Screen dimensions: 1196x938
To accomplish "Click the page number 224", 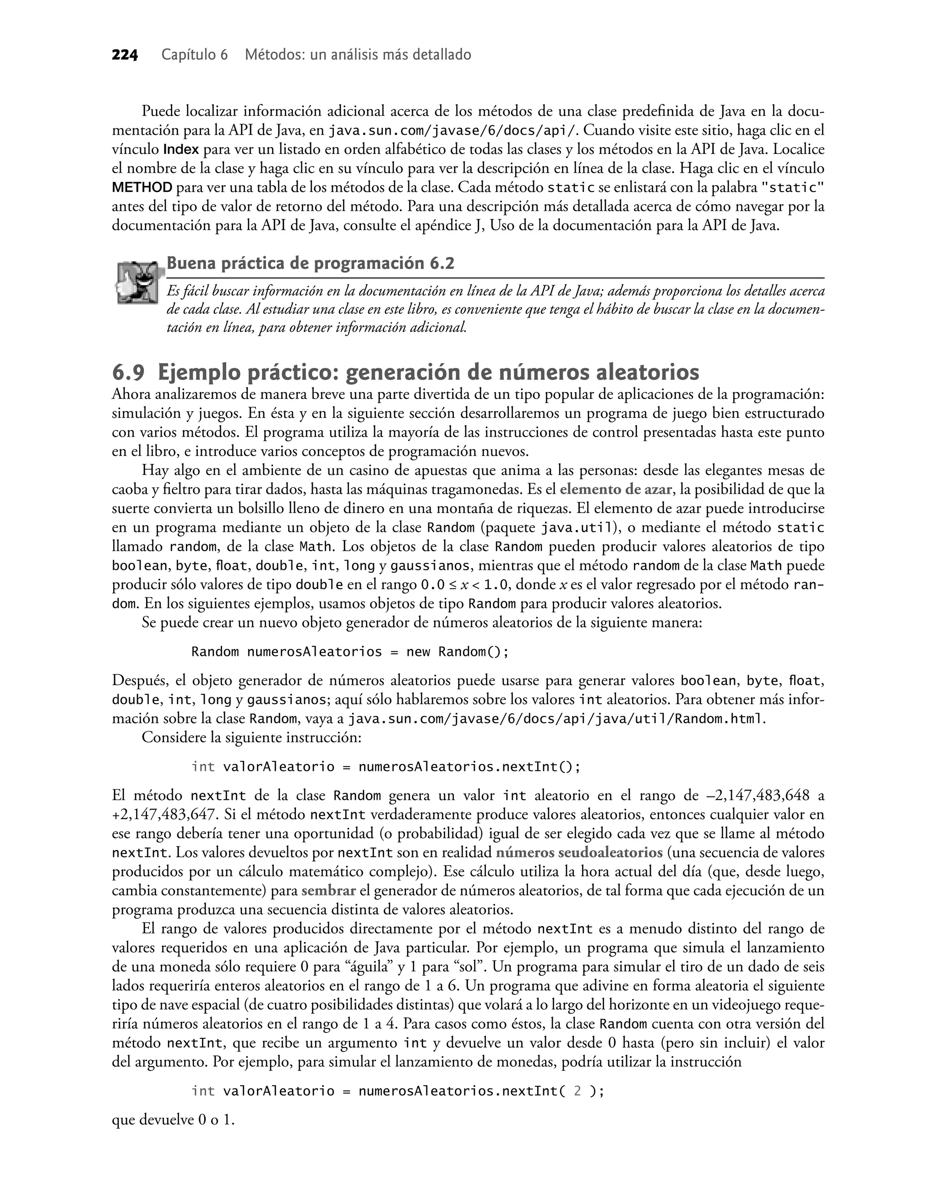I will [x=125, y=55].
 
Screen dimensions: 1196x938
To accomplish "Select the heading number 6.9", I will [x=129, y=373].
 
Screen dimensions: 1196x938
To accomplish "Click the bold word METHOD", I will [x=142, y=188].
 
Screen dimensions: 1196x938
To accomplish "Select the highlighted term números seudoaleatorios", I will [x=579, y=853].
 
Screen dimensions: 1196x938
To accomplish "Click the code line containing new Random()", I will [x=350, y=652].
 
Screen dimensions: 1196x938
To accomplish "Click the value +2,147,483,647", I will [x=165, y=815].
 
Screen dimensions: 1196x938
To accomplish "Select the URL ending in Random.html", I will [x=557, y=719].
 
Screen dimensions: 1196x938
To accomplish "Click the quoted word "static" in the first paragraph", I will [x=792, y=188].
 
